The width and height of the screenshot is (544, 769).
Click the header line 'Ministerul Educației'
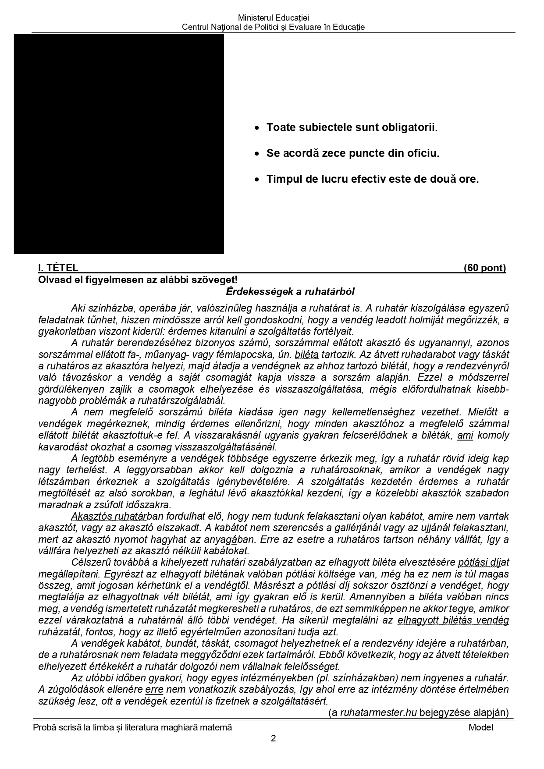[273, 18]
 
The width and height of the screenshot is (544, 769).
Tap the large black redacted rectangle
[119, 144]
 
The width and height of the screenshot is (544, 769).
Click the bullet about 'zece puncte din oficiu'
[352, 153]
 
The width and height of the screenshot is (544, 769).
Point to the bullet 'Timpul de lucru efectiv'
[372, 179]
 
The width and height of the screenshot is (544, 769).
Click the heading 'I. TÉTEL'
[58, 268]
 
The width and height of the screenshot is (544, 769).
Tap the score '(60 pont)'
[484, 268]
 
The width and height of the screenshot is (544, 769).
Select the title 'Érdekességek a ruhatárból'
[290, 291]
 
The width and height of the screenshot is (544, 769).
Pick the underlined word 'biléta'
[307, 354]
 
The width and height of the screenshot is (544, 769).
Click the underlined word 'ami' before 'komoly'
[465, 435]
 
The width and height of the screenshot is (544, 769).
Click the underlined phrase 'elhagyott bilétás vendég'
[453, 620]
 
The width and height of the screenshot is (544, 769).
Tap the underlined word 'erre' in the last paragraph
[154, 689]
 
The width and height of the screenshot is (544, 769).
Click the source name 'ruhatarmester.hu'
[378, 712]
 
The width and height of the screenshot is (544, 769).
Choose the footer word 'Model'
[480, 727]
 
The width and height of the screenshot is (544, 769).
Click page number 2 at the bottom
[273, 738]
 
